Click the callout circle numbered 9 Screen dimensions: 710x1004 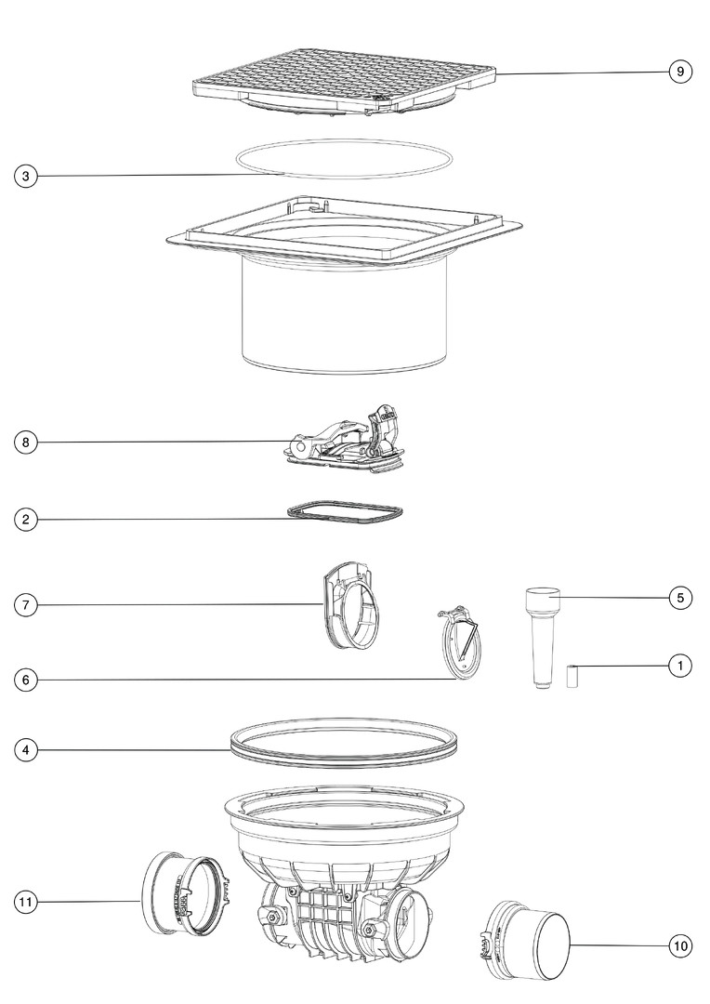click(680, 71)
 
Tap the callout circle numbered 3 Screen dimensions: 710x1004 click(26, 176)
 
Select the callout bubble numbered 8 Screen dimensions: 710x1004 click(26, 443)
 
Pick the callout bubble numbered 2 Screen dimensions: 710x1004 click(26, 520)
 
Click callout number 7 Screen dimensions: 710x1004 click(26, 605)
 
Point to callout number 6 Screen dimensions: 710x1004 click(26, 680)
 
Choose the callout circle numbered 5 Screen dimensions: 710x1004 click(680, 598)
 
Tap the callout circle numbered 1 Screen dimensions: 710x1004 click(680, 666)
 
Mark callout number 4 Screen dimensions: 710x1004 click(26, 750)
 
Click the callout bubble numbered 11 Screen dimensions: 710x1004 click(26, 902)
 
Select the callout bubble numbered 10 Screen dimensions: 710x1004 click(680, 945)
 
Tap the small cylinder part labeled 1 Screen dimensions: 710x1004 click(572, 676)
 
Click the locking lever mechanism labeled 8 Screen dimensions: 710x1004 click(346, 442)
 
